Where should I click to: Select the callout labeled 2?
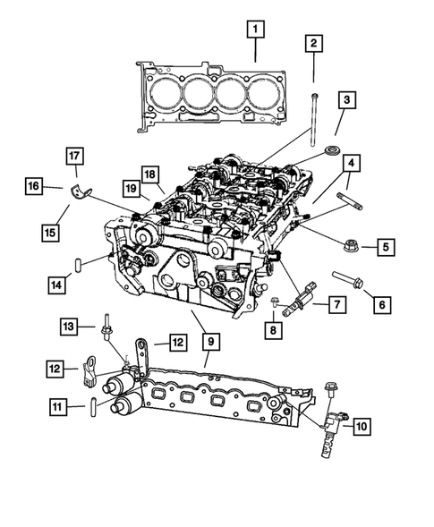point(313,43)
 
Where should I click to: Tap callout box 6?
point(382,305)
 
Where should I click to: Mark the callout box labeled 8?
point(273,330)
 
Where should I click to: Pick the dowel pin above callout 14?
point(79,264)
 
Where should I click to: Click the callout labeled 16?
point(33,186)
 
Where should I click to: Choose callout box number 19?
point(132,188)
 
